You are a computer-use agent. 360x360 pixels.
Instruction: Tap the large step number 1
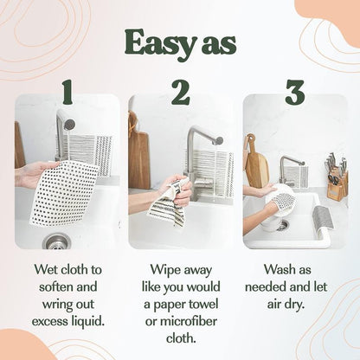(67, 91)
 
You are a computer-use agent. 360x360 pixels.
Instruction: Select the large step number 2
(180, 91)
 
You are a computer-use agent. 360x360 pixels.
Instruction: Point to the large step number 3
(294, 91)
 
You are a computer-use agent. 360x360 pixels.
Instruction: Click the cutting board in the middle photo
(138, 156)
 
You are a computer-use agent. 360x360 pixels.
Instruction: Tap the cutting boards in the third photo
(255, 164)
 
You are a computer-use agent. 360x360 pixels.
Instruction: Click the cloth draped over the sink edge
(322, 218)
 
